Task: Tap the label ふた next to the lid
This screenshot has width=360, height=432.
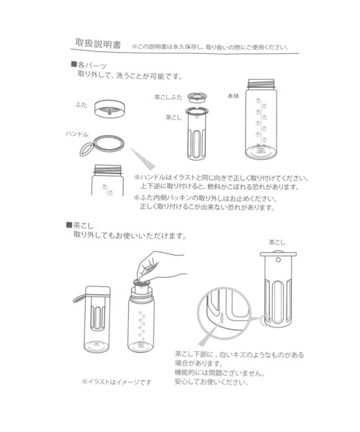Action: click(x=82, y=105)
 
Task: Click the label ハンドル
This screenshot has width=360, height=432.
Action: click(x=77, y=135)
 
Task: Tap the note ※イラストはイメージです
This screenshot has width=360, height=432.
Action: click(x=116, y=382)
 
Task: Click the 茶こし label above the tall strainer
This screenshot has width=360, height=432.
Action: click(x=276, y=243)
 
